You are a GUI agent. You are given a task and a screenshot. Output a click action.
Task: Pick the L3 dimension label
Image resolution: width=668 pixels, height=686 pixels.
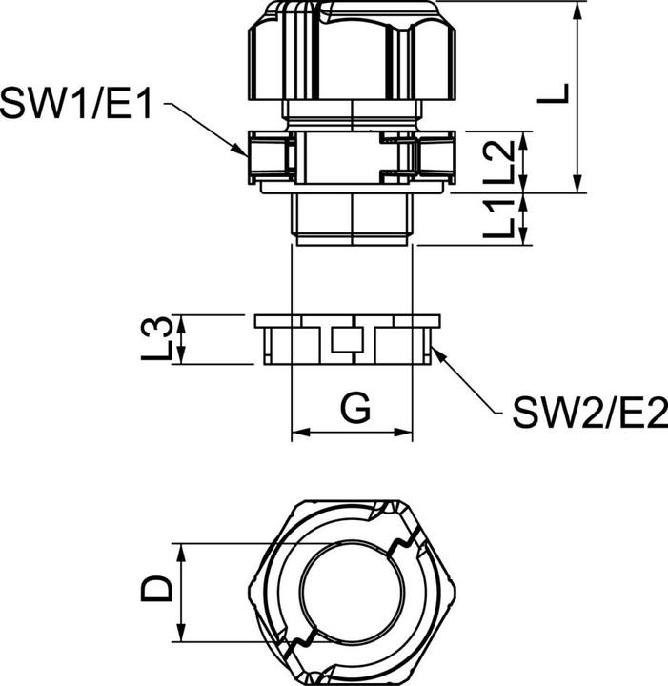162,339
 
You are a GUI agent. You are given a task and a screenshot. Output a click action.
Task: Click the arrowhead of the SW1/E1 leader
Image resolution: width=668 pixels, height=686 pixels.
245,151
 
